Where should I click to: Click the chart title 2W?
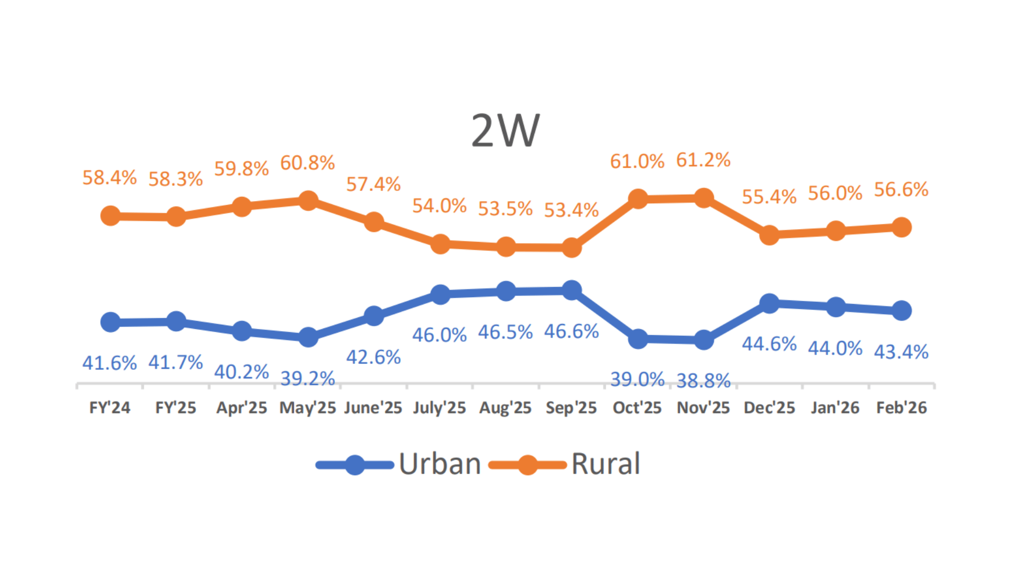click(x=505, y=131)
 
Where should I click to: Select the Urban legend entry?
click(x=398, y=464)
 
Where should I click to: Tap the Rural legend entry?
click(x=565, y=464)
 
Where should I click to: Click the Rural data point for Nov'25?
click(x=704, y=198)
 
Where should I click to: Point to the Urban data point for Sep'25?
click(x=572, y=291)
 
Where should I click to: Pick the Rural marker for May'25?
click(x=308, y=201)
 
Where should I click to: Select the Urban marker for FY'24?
click(x=110, y=322)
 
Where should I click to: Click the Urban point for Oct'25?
click(x=638, y=339)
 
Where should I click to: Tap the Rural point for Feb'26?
click(x=902, y=227)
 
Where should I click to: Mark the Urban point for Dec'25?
click(x=770, y=303)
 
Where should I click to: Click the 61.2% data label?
click(x=703, y=160)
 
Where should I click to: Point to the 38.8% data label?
click(x=703, y=380)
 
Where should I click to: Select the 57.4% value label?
click(x=373, y=184)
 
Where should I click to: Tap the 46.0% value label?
click(x=439, y=335)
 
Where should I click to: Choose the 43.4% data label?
click(x=901, y=352)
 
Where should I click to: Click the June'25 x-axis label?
click(x=373, y=407)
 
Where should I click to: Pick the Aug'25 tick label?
click(x=505, y=407)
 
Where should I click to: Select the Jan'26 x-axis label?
click(x=835, y=407)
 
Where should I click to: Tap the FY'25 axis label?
click(x=176, y=407)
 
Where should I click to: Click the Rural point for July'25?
click(x=440, y=244)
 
